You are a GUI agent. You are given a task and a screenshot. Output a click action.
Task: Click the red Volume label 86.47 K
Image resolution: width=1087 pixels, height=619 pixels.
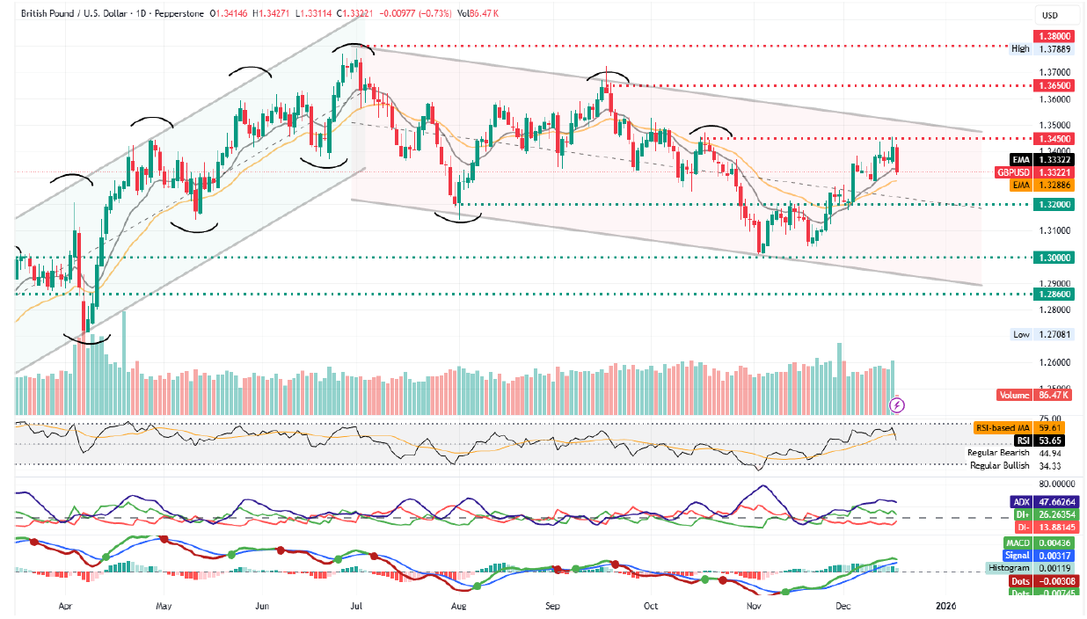pyautogui.click(x=1034, y=396)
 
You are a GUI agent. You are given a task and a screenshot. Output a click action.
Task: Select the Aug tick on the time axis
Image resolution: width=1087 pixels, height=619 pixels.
pyautogui.click(x=457, y=606)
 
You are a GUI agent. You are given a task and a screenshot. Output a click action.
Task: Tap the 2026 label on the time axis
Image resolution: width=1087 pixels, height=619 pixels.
pyautogui.click(x=945, y=606)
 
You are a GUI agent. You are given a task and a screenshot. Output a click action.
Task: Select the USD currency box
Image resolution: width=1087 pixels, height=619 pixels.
pyautogui.click(x=1049, y=15)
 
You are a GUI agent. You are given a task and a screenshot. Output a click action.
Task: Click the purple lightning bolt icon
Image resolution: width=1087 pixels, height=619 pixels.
pyautogui.click(x=897, y=404)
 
